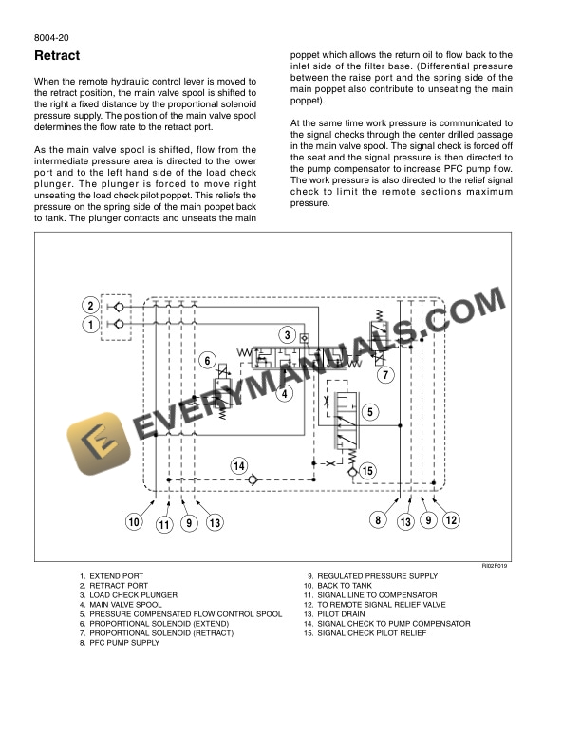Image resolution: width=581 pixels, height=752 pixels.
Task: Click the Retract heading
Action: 56,56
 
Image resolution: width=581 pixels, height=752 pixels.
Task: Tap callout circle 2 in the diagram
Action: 90,306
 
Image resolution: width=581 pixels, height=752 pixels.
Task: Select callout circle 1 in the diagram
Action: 90,325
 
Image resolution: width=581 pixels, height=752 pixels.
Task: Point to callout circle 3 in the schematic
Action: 286,335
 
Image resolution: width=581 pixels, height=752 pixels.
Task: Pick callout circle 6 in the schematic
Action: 207,360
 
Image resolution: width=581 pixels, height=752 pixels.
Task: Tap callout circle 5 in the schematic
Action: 370,412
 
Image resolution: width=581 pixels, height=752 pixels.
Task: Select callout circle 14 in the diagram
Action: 240,466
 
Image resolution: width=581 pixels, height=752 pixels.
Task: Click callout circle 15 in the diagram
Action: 368,471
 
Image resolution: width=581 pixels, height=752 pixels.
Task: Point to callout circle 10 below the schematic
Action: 134,521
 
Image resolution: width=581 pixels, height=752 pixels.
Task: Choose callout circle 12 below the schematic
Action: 451,519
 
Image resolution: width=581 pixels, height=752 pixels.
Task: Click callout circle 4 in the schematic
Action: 286,391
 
